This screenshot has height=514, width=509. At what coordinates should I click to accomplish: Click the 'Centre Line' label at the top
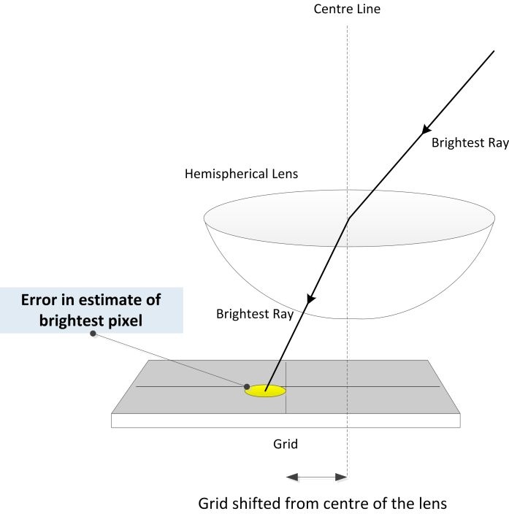coord(347,9)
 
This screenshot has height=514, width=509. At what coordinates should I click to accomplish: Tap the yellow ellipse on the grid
coord(265,391)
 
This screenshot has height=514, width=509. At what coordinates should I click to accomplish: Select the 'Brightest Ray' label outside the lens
coord(470,143)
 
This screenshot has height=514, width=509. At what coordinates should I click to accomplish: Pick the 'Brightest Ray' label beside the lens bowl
coord(254,315)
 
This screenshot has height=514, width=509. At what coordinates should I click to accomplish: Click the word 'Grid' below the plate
coord(286,444)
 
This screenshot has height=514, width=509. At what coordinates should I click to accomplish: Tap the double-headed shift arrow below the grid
coord(316,477)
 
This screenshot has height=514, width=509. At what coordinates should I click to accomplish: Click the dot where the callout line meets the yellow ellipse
coord(247,386)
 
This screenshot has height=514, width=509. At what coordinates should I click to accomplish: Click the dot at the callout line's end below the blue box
coord(92,334)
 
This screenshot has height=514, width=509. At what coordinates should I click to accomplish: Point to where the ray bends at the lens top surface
coord(349,218)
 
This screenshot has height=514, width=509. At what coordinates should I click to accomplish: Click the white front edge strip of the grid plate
coord(286,421)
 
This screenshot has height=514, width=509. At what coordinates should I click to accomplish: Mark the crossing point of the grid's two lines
coord(286,386)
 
